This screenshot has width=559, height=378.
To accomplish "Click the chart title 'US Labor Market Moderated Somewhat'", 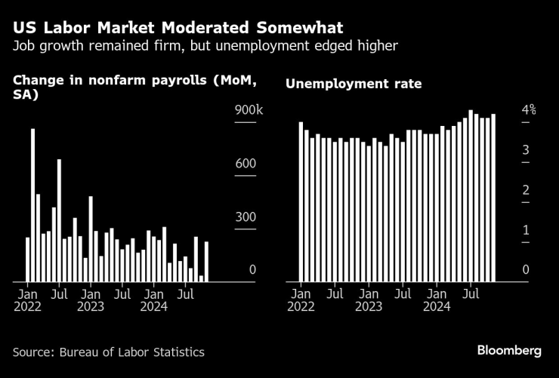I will tap(178, 28).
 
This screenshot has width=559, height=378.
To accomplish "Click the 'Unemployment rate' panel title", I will tap(354, 84).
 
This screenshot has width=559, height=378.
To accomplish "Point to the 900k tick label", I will tap(249, 111).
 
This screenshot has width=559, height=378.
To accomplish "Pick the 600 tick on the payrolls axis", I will tap(246, 164).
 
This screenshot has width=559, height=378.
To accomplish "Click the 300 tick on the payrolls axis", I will tap(246, 217).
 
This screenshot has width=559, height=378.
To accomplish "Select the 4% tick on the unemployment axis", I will tap(528, 110).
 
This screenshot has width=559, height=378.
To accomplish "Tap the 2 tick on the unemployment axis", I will tap(527, 190).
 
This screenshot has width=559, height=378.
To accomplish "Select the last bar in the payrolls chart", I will tap(206, 261).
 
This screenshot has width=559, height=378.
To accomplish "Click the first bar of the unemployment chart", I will tap(301, 201).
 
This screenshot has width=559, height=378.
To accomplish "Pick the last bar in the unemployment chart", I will tap(493, 198).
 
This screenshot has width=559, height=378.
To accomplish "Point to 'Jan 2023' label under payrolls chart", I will tap(91, 300).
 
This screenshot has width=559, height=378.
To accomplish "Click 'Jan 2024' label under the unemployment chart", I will tap(437, 300).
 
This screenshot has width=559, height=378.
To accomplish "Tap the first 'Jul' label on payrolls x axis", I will tap(59, 293).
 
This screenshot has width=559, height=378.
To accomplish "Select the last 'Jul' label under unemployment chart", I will tap(471, 293).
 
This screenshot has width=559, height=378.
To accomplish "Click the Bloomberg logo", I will tap(509, 350).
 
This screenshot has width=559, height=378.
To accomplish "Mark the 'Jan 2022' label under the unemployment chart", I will tap(300, 300).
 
